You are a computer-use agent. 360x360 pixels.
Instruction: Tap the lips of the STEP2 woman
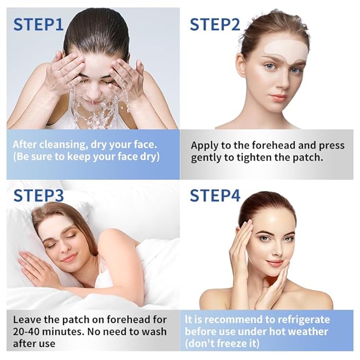tap(278, 98)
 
